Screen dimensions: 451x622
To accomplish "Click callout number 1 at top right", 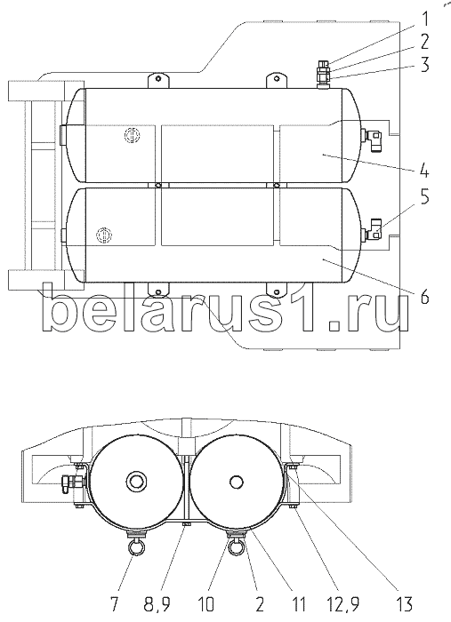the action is tap(424, 20).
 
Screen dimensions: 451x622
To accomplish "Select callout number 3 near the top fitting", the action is tap(424, 64).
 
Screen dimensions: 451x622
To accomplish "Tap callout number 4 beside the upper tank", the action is tap(423, 171).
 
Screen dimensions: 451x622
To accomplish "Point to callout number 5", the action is tap(424, 197).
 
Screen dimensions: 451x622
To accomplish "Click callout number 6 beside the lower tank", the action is tap(424, 296).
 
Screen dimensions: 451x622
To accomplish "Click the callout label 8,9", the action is tap(157, 604).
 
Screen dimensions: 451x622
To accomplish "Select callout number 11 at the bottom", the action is tap(298, 604).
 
